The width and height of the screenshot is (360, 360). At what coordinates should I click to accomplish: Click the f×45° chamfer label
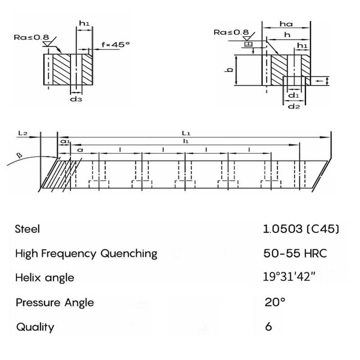click(x=116, y=45)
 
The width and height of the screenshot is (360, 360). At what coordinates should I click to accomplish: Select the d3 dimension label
click(x=76, y=98)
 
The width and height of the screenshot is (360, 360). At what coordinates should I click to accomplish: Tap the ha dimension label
click(x=286, y=23)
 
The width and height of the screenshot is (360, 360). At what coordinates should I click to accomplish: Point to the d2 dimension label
click(x=293, y=106)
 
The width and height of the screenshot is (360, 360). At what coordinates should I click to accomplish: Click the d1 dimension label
click(x=293, y=96)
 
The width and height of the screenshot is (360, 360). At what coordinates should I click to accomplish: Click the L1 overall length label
click(x=186, y=133)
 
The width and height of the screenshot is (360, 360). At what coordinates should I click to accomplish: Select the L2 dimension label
click(x=23, y=134)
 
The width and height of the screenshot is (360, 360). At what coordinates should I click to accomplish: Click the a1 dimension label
click(x=64, y=141)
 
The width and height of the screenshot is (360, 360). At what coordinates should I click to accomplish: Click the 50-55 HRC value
click(x=295, y=253)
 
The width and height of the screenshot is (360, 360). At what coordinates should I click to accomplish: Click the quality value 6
click(x=269, y=326)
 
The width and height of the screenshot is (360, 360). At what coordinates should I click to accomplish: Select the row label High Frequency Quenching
click(x=86, y=253)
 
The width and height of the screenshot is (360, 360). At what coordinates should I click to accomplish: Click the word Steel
click(x=27, y=229)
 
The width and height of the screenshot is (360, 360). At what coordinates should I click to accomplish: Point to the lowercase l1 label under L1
click(x=185, y=141)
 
